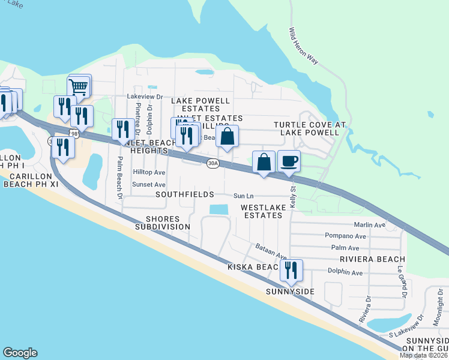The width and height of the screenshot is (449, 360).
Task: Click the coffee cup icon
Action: click(x=289, y=161)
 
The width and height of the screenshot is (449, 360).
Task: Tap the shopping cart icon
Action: click(x=79, y=86)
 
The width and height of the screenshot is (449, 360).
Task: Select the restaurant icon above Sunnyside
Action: click(x=291, y=271)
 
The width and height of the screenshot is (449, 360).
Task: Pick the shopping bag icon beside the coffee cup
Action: click(x=264, y=162)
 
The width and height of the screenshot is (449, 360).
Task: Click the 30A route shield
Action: click(x=212, y=163)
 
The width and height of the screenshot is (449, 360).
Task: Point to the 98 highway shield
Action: click(x=74, y=134)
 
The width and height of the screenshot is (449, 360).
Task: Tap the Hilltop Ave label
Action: click(x=149, y=172)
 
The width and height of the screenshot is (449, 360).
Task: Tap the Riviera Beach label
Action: click(x=372, y=259)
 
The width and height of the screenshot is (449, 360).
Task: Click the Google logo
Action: click(x=20, y=353)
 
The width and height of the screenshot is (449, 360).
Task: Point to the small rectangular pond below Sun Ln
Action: click(x=219, y=209)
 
